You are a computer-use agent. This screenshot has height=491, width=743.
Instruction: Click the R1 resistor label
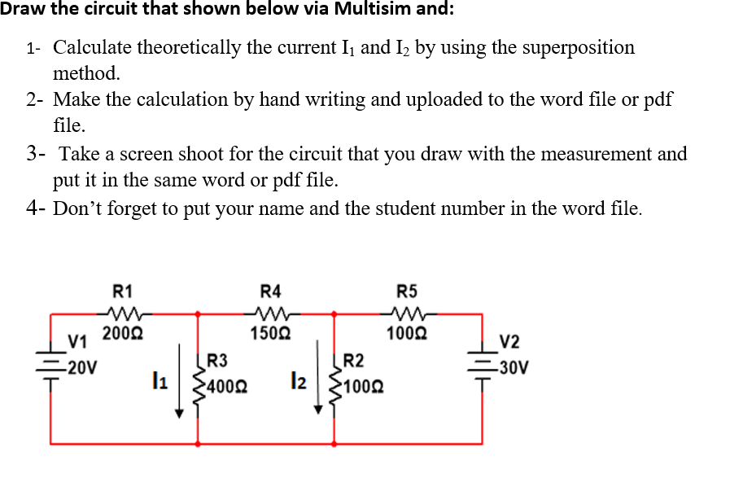pos(123,291)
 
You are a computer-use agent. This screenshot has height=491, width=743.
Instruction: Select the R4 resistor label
pos(269,291)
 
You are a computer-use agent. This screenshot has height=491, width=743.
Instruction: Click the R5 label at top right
pos(406,291)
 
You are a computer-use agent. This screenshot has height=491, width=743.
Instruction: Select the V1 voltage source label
pos(77,340)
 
